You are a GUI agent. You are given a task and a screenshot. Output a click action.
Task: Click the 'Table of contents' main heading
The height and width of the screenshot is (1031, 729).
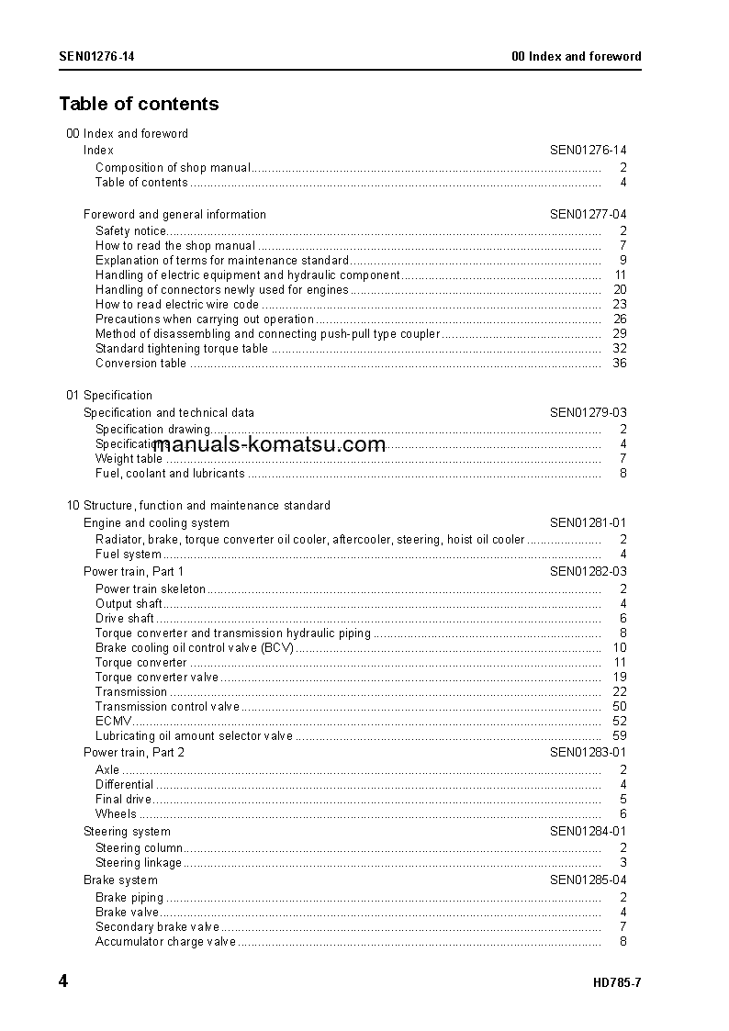tap(139, 104)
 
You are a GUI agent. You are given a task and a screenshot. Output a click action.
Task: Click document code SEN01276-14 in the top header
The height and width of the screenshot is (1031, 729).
tap(97, 56)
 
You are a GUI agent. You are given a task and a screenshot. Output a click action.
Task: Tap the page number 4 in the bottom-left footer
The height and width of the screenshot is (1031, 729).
tap(63, 981)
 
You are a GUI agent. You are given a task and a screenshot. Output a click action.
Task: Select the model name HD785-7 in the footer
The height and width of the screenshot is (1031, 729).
tap(617, 982)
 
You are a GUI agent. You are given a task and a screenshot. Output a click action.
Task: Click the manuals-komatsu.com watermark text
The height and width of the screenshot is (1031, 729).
tap(270, 445)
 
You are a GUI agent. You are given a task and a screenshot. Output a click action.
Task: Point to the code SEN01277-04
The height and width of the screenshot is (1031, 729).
tap(588, 214)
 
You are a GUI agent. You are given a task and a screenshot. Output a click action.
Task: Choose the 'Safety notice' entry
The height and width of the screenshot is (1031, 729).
tap(130, 230)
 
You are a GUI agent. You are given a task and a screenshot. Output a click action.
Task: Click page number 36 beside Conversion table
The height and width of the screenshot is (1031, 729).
tap(619, 363)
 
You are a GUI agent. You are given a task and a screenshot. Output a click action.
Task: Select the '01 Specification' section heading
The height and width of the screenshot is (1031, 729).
tap(109, 395)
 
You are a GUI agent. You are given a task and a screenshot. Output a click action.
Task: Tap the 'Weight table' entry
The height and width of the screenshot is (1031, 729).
tap(129, 458)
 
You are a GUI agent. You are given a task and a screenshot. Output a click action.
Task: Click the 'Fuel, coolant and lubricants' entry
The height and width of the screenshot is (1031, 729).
tap(170, 473)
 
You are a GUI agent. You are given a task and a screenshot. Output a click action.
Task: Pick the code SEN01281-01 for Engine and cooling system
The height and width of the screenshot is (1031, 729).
tap(588, 522)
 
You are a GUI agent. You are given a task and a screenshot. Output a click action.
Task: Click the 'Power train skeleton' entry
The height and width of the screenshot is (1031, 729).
tap(151, 588)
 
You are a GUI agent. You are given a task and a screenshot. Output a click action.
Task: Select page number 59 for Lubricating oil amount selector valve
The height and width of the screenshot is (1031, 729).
tap(619, 735)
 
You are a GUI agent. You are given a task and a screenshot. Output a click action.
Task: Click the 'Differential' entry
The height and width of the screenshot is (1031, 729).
tap(124, 784)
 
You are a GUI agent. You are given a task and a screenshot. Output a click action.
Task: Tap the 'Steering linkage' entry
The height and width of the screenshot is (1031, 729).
tap(139, 862)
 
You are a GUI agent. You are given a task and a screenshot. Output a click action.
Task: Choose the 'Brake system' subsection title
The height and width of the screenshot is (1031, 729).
tap(120, 880)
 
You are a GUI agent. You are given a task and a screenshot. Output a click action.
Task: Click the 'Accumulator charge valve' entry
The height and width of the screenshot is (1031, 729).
tap(165, 941)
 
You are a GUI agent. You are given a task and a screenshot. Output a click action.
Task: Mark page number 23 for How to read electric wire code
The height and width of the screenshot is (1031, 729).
tap(619, 304)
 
